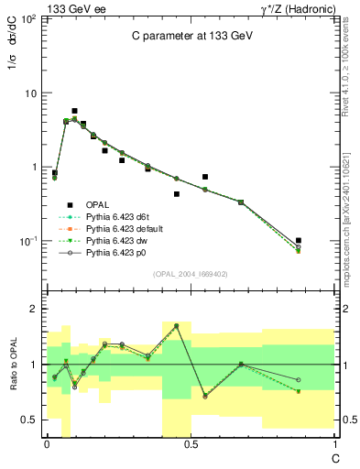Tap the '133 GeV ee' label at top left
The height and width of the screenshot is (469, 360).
click(x=67, y=7)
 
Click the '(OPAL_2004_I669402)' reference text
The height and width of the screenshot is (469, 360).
click(x=191, y=273)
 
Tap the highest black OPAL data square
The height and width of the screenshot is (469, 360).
click(x=74, y=111)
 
